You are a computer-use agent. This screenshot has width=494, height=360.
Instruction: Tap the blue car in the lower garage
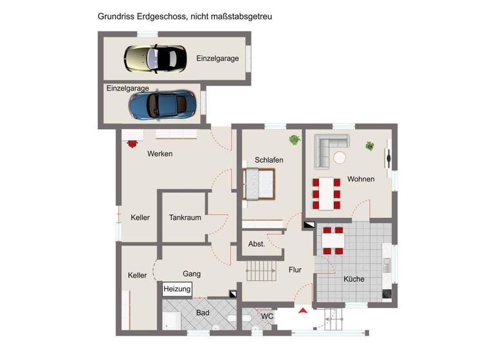(162, 104)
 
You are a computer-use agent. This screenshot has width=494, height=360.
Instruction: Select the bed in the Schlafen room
(259, 185)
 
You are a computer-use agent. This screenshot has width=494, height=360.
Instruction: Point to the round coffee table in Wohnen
(339, 157)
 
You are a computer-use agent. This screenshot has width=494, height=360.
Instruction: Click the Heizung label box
(177, 289)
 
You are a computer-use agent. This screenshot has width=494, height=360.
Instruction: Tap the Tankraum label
(185, 218)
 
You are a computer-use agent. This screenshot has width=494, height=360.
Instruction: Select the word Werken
(160, 154)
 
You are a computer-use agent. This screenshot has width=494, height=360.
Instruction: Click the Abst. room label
(257, 244)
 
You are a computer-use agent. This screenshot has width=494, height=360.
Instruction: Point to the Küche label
(354, 279)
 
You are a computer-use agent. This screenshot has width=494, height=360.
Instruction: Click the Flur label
(295, 270)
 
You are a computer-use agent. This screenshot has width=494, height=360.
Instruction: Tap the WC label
(268, 316)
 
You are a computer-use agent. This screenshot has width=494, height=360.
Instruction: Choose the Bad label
(203, 313)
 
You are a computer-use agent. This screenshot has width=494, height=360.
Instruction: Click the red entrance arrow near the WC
(302, 312)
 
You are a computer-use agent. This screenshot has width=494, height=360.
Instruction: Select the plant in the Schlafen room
(295, 139)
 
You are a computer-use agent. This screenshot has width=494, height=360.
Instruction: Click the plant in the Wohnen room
(370, 146)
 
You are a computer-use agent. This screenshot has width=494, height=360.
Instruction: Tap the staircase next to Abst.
(261, 271)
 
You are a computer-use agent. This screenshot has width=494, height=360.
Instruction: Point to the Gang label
(192, 274)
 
